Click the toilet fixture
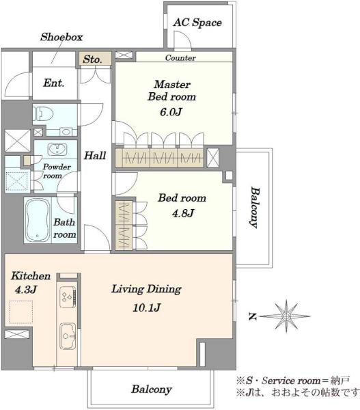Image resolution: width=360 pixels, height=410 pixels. pyautogui.click(x=43, y=114)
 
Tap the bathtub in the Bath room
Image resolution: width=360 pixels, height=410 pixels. pyautogui.click(x=38, y=220)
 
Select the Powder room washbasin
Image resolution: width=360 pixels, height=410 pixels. pyautogui.click(x=57, y=149)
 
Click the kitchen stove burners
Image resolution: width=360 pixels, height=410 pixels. pyautogui.click(x=68, y=297)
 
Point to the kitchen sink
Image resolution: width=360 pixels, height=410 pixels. pyautogui.click(x=68, y=336)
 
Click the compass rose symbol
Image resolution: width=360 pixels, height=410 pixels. pyautogui.click(x=286, y=316)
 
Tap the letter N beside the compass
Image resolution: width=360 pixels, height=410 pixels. pyautogui.click(x=252, y=317)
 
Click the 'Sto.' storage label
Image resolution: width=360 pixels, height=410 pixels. pyautogui.click(x=92, y=59)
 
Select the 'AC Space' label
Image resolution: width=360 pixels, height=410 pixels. pyautogui.click(x=197, y=23)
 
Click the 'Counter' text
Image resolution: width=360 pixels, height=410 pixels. pyautogui.click(x=180, y=58)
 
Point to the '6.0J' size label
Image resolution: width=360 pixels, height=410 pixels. pyautogui.click(x=171, y=112)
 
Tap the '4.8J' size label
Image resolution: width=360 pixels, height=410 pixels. pyautogui.click(x=183, y=213)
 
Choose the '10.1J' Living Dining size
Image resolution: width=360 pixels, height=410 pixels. pyautogui.click(x=146, y=307)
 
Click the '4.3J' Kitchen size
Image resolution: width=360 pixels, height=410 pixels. pyautogui.click(x=26, y=290)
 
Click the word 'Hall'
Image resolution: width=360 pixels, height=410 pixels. pyautogui.click(x=95, y=156)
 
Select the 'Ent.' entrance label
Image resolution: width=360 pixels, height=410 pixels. pyautogui.click(x=53, y=83)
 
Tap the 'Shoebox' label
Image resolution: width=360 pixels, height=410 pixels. pyautogui.click(x=61, y=37)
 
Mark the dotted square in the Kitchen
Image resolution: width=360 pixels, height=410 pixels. pyautogui.click(x=21, y=312)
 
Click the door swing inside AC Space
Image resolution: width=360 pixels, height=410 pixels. pyautogui.click(x=182, y=40)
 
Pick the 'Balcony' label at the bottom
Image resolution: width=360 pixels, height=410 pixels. pyautogui.click(x=152, y=389)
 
